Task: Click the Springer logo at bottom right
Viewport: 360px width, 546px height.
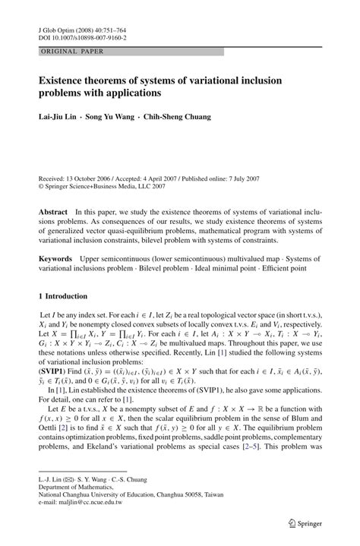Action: [305, 523]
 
